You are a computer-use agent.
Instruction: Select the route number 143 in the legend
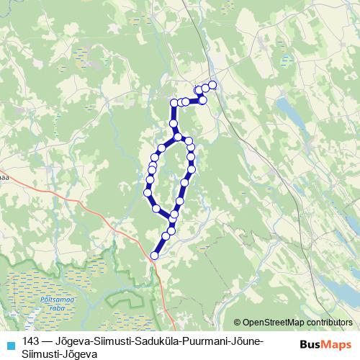[x=31, y=340]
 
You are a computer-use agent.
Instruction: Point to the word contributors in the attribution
[x=330, y=323]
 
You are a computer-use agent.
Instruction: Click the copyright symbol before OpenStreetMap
[x=238, y=323]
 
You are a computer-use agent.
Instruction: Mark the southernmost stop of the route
[x=154, y=255]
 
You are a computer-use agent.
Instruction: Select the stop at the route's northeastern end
[x=212, y=86]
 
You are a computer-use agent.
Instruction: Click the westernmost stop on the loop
[x=148, y=193]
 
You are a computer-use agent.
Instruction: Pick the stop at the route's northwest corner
[x=174, y=103]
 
